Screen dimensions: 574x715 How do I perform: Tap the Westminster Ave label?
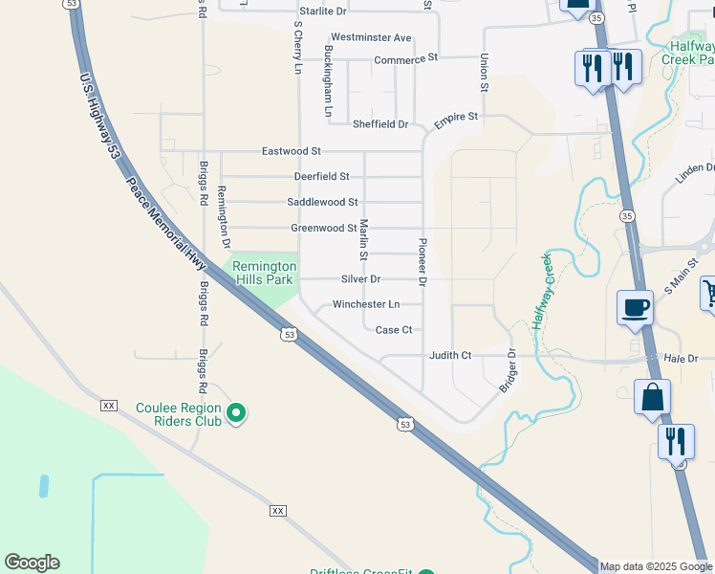point(371,38)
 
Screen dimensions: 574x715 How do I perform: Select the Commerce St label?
point(405,59)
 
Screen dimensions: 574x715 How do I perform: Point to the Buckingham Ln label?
point(328,81)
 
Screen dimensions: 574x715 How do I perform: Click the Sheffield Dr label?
point(380,124)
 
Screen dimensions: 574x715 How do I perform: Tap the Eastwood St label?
point(292,151)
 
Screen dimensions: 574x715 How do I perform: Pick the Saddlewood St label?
point(322,203)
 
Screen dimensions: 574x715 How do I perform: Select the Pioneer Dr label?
point(422,261)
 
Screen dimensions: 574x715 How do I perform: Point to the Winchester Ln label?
point(366,305)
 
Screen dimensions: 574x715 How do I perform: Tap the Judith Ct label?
point(450,356)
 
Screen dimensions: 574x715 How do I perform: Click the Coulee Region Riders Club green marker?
point(236,414)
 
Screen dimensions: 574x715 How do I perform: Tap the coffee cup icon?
point(635,308)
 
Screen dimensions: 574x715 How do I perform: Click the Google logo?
point(32,563)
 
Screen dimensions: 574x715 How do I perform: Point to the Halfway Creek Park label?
point(687,52)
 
